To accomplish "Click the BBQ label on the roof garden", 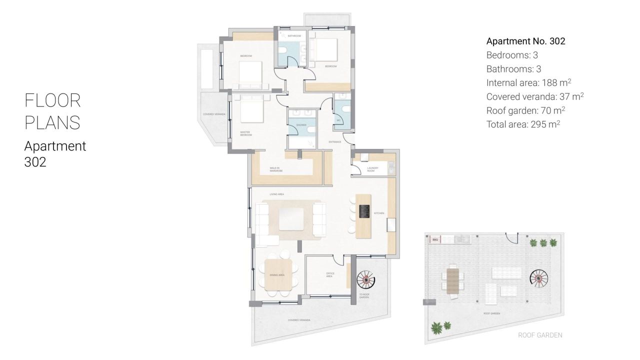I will click(x=434, y=240).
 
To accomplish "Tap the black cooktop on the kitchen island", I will click(x=364, y=211).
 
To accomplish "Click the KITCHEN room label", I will click(x=379, y=213).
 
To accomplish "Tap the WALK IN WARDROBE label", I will click(x=276, y=169).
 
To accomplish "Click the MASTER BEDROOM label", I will click(x=245, y=133).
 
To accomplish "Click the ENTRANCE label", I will click(x=334, y=142).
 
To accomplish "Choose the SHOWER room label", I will click(x=301, y=125).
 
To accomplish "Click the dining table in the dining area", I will click(x=278, y=274).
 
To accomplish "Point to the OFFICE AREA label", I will click(x=329, y=274).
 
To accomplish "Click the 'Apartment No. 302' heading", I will click(x=525, y=41).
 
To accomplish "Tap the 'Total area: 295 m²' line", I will click(x=522, y=124).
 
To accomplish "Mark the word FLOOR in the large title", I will click(x=52, y=100).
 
